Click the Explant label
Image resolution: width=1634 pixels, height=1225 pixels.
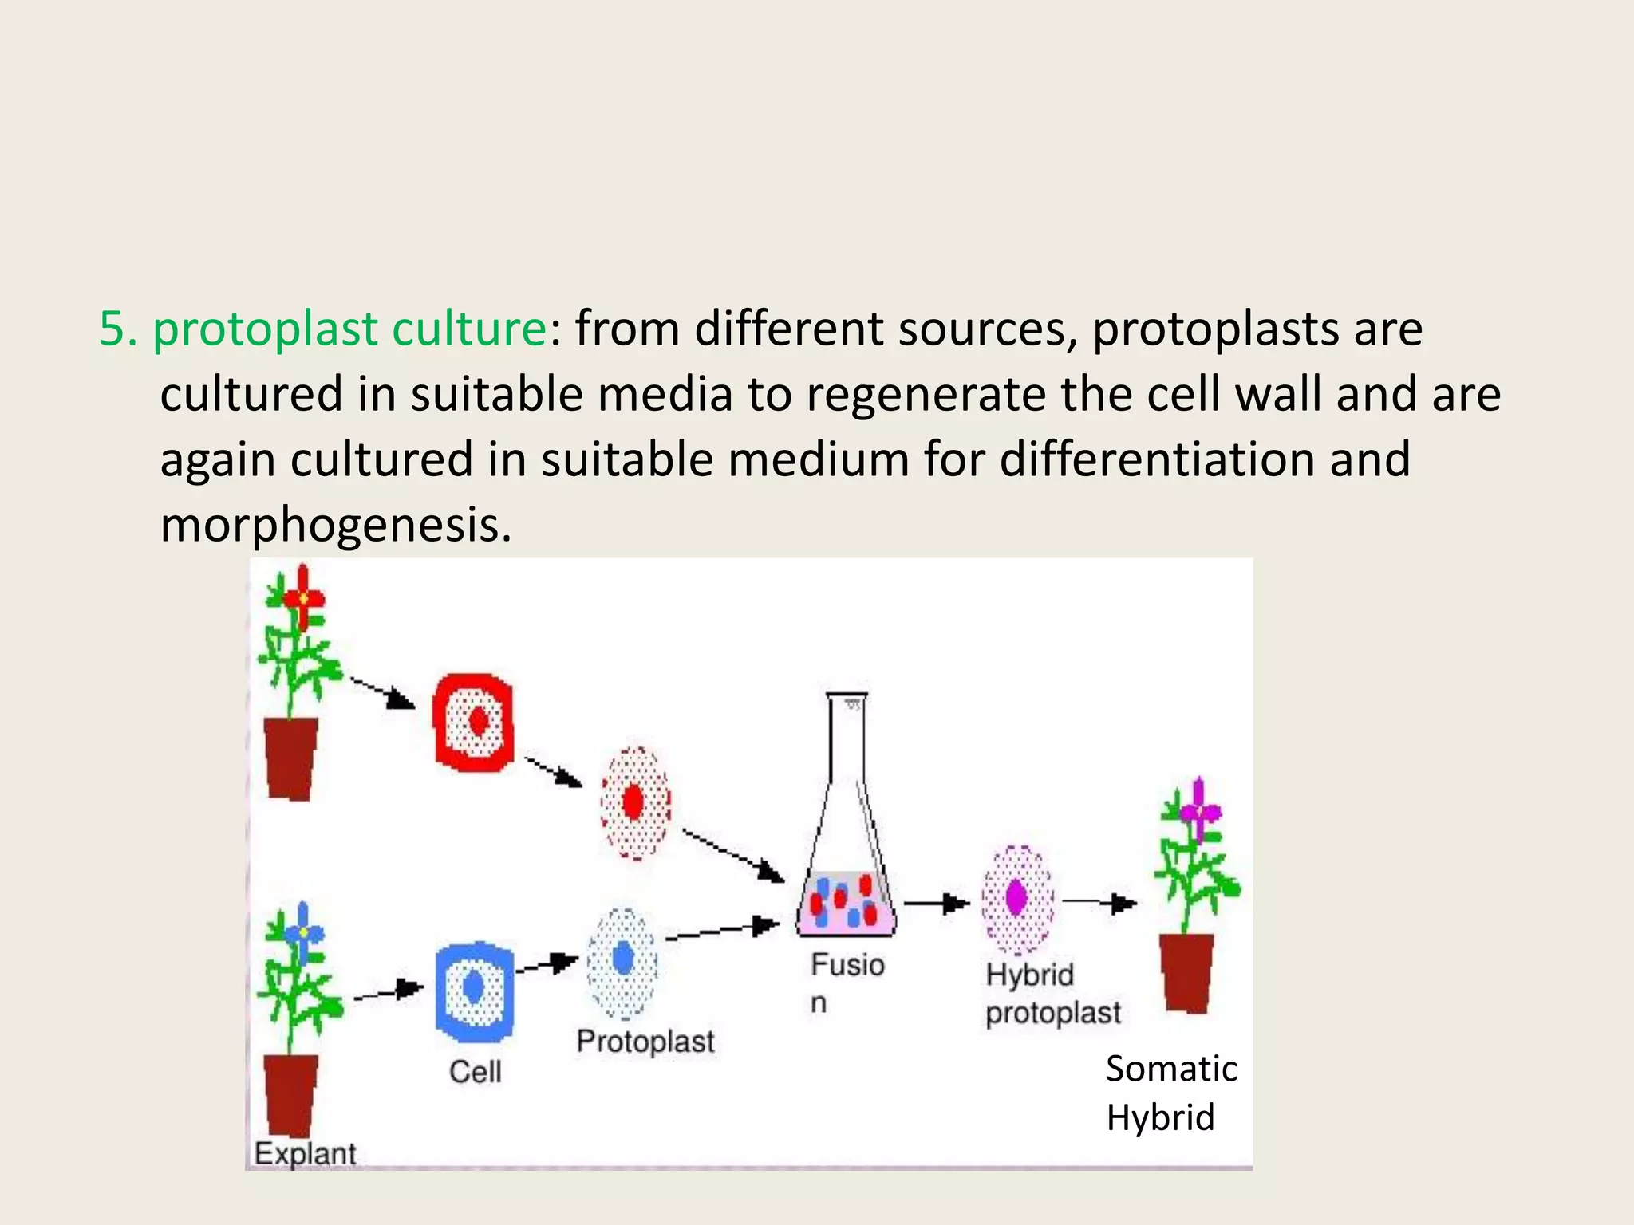[305, 1153]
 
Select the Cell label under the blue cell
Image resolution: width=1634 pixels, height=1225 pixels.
[476, 1071]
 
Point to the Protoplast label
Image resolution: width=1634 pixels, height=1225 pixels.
[645, 1042]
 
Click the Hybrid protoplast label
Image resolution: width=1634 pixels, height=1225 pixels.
[1052, 994]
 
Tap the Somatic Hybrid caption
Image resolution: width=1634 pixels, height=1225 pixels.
[1170, 1093]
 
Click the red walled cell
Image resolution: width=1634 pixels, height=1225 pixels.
[474, 723]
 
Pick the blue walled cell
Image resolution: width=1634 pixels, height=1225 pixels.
[474, 991]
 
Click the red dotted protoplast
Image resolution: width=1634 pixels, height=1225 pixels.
[635, 802]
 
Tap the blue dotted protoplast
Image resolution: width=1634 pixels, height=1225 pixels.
[622, 963]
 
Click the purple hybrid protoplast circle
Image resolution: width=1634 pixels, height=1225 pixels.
[1017, 899]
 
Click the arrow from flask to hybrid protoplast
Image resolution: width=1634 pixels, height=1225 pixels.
[937, 904]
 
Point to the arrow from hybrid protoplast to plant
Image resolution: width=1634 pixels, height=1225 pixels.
[1099, 903]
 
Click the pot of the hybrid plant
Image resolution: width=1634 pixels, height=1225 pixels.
[1186, 973]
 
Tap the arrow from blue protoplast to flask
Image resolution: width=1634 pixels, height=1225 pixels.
[721, 932]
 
